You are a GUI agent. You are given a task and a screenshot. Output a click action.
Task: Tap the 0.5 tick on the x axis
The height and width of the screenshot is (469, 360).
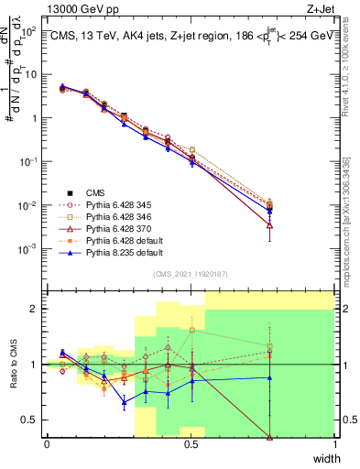tap(191, 444)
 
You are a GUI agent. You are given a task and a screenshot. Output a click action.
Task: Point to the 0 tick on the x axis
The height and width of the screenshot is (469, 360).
tap(47, 444)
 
